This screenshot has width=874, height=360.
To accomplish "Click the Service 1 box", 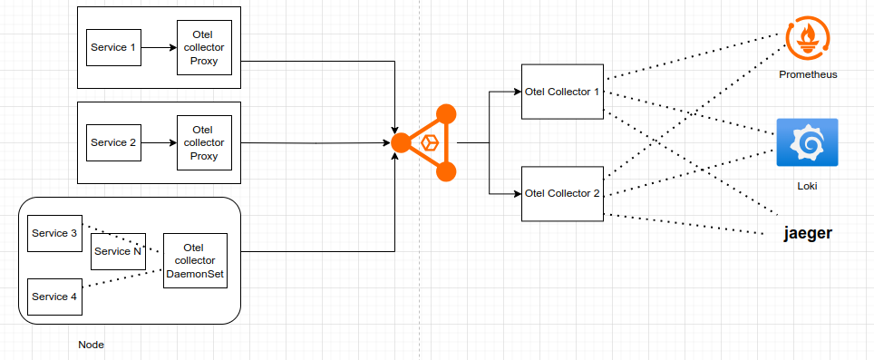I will click(113, 47).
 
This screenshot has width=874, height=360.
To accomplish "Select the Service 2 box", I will click(113, 142).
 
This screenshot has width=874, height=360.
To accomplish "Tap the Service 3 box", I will click(54, 234).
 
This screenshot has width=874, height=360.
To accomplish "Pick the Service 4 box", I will click(54, 297).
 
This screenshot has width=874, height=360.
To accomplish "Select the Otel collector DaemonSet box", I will click(195, 260).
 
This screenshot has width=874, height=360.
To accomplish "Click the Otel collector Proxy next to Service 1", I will click(204, 47).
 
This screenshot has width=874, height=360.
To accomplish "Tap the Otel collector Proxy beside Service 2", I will click(204, 142).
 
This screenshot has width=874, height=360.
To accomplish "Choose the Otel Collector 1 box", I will click(563, 91).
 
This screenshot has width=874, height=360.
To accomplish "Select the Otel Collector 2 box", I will click(563, 193).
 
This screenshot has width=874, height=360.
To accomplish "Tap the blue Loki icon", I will click(807, 142).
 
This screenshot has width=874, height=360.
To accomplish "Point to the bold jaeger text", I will click(807, 234).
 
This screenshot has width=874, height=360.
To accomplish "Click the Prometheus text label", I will click(807, 74).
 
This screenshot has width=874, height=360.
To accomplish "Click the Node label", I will click(92, 345).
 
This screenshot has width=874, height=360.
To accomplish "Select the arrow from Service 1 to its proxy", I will click(159, 47).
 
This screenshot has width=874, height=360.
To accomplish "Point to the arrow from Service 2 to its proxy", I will click(159, 142).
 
